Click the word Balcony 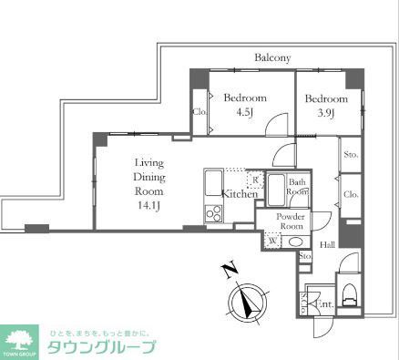click(x=271, y=57)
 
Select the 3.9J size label click(x=325, y=114)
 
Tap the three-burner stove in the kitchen click(x=214, y=213)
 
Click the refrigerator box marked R click(x=256, y=180)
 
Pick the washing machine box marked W click(x=271, y=241)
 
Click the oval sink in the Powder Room click(x=295, y=241)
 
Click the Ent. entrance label click(x=324, y=303)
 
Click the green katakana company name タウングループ click(x=101, y=347)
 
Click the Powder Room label click(x=292, y=221)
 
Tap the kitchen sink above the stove click(x=214, y=187)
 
